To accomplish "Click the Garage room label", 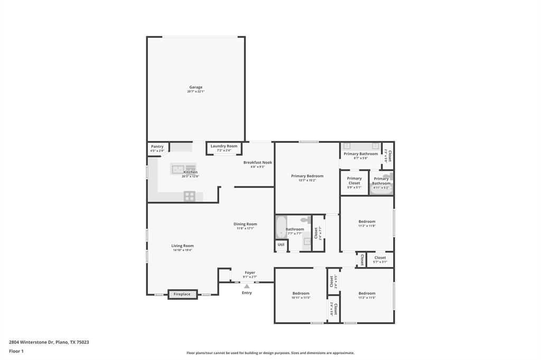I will point(195,87).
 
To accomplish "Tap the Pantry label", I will point(157,146).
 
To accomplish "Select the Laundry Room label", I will point(224,146).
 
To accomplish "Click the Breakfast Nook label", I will point(257,163).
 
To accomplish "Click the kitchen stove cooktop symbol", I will point(190,196).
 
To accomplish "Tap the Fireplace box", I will point(182,294).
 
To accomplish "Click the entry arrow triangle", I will point(247,286).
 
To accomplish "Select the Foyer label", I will point(250,273).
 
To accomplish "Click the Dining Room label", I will point(245,224).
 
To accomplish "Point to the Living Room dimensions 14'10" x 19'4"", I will point(182,250).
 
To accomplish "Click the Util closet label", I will point(281,245).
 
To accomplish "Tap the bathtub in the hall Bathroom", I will point(281,228).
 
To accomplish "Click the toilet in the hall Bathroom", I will point(305,220).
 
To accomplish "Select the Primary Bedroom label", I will point(307,176).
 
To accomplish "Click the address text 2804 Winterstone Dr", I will point(31,342).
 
